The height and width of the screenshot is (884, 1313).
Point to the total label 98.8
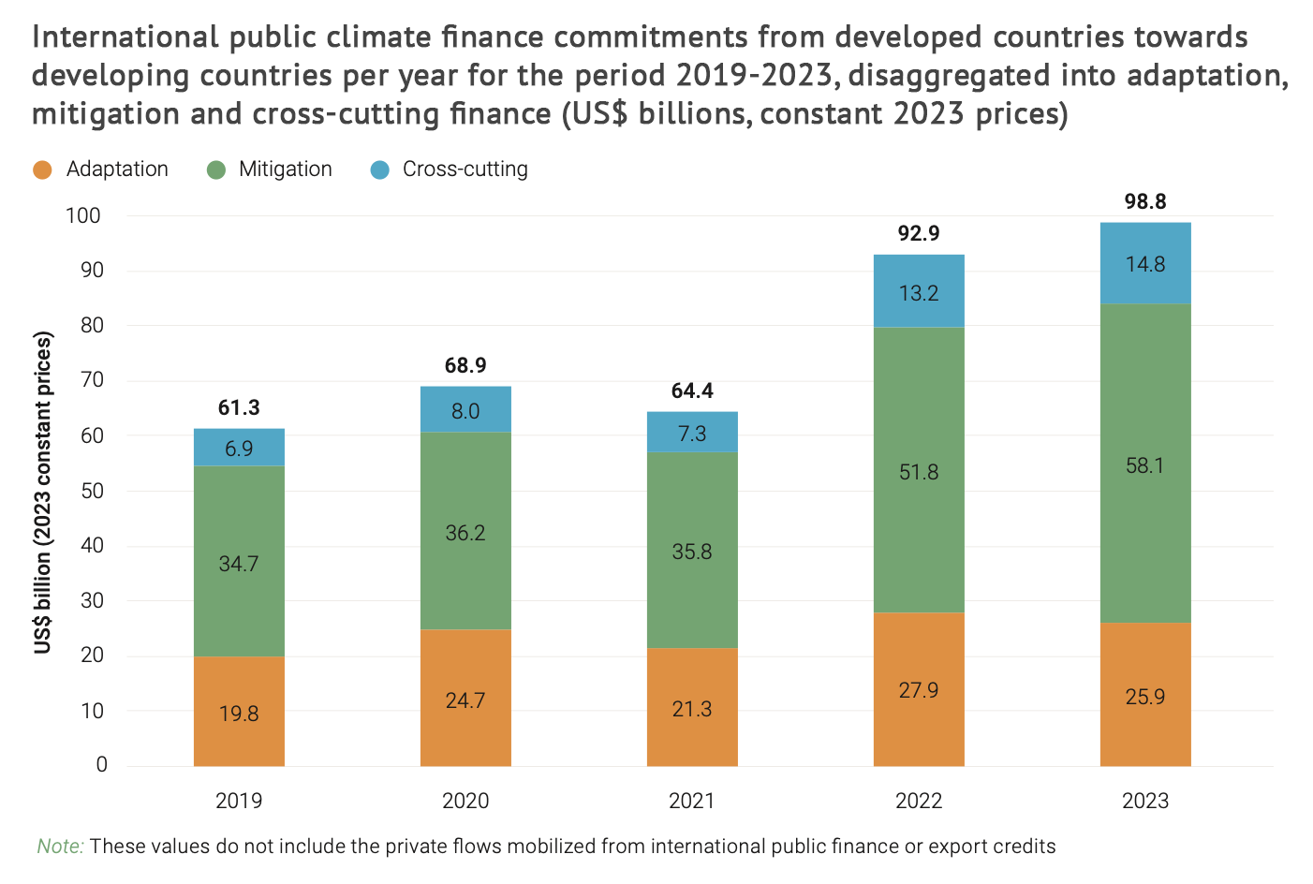click(x=1144, y=201)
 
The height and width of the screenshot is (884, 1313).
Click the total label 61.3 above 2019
click(x=239, y=407)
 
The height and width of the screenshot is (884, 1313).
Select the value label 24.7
click(x=465, y=700)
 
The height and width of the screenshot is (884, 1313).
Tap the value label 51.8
click(x=918, y=472)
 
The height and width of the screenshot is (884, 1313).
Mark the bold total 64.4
click(x=692, y=390)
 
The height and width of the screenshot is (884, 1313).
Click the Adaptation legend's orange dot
click(x=42, y=169)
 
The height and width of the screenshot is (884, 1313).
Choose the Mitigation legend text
click(x=285, y=169)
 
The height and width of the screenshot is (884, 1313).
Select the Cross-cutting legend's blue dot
click(x=379, y=169)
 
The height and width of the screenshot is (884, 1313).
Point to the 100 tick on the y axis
click(x=83, y=215)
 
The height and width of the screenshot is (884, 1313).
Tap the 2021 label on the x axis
click(x=692, y=801)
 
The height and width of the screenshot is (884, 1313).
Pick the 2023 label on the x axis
click(x=1144, y=801)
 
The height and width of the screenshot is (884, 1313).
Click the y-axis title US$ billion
click(x=43, y=493)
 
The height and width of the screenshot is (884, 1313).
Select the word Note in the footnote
click(x=60, y=847)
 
